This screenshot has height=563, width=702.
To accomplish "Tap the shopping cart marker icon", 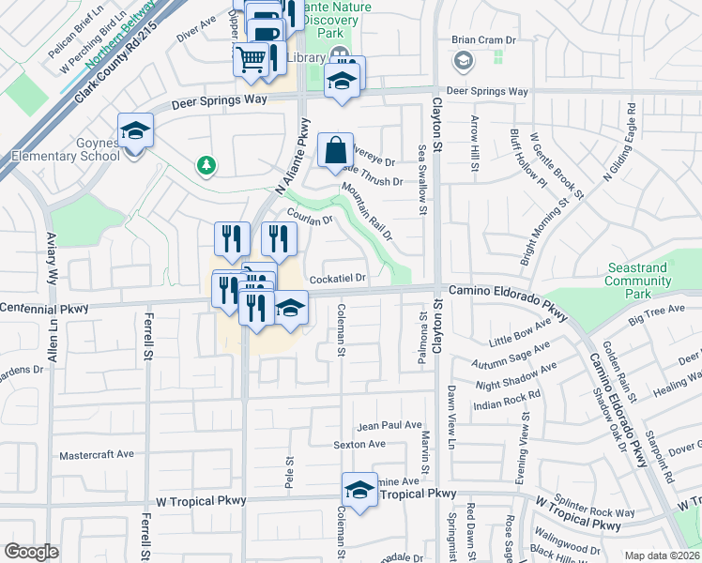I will pyautogui.click(x=251, y=58).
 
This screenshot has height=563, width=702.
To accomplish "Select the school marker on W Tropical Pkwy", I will pyautogui.click(x=359, y=490).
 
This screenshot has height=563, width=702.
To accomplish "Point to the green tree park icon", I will pyautogui.click(x=206, y=166).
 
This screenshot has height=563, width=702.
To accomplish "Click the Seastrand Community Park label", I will pyautogui.click(x=638, y=274).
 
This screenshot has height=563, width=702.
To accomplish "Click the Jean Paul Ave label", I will pyautogui.click(x=389, y=425).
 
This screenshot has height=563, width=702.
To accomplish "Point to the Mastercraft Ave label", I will pyautogui.click(x=98, y=455).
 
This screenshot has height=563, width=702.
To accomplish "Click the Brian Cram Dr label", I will pyautogui.click(x=484, y=40).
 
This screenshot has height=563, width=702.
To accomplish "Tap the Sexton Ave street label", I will pyautogui.click(x=360, y=444).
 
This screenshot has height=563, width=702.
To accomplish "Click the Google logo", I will pyautogui.click(x=31, y=552).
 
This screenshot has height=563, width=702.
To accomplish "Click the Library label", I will pyautogui.click(x=305, y=58).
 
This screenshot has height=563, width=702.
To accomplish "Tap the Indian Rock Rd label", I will pyautogui.click(x=509, y=403).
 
